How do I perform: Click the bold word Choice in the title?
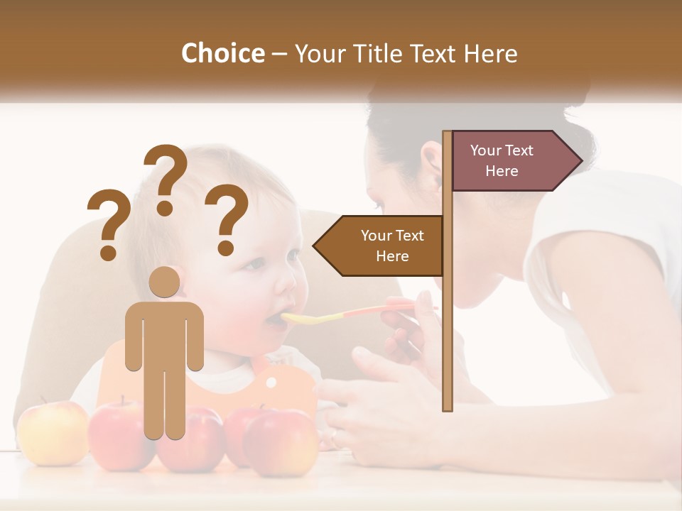click(222, 53)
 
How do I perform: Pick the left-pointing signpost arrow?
click(380, 246)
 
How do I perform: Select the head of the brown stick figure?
click(164, 282)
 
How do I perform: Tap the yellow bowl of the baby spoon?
click(302, 318)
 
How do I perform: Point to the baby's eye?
click(255, 264)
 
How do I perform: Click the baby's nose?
click(286, 285)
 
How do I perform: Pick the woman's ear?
click(431, 163)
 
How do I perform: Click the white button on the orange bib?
click(271, 382)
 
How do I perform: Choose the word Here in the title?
click(490, 53)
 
